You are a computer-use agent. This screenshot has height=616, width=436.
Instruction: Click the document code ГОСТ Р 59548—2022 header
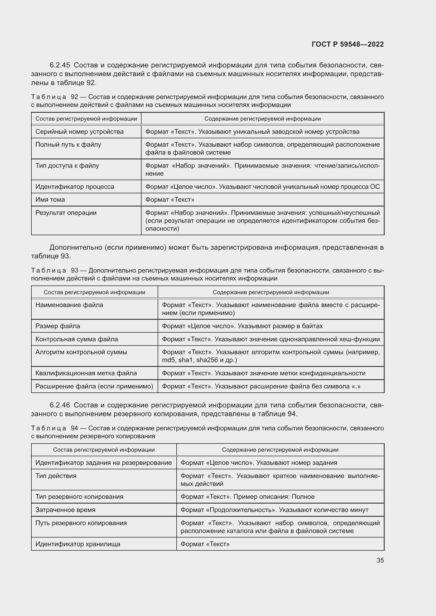(x=347, y=44)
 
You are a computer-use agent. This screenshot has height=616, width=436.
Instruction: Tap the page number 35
(x=380, y=560)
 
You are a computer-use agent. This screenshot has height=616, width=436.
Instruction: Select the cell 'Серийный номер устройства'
(x=79, y=132)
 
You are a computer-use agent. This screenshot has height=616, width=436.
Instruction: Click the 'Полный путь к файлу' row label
(x=68, y=145)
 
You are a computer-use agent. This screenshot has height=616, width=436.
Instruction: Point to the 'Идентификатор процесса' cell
(x=75, y=187)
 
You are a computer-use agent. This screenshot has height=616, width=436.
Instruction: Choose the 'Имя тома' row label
(x=50, y=200)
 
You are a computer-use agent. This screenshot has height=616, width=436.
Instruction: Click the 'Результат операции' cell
(x=66, y=213)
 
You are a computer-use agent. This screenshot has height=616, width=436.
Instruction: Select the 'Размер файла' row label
(x=58, y=326)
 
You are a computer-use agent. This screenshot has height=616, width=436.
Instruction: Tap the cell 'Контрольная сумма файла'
(x=76, y=339)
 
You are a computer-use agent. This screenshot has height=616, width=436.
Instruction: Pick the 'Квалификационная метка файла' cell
(x=86, y=373)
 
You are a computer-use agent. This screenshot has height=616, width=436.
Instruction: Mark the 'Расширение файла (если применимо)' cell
(x=94, y=386)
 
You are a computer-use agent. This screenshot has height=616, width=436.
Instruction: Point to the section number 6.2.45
(x=60, y=65)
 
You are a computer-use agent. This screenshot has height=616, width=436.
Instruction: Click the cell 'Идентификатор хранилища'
(x=77, y=544)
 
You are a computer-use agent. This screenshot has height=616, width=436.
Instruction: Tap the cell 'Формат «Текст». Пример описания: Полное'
(x=247, y=497)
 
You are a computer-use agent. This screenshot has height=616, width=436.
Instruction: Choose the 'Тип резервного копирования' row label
(x=79, y=497)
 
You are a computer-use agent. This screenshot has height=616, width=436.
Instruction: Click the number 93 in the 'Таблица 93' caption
(x=74, y=270)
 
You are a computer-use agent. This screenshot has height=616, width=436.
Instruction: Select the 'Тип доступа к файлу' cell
(x=67, y=166)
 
